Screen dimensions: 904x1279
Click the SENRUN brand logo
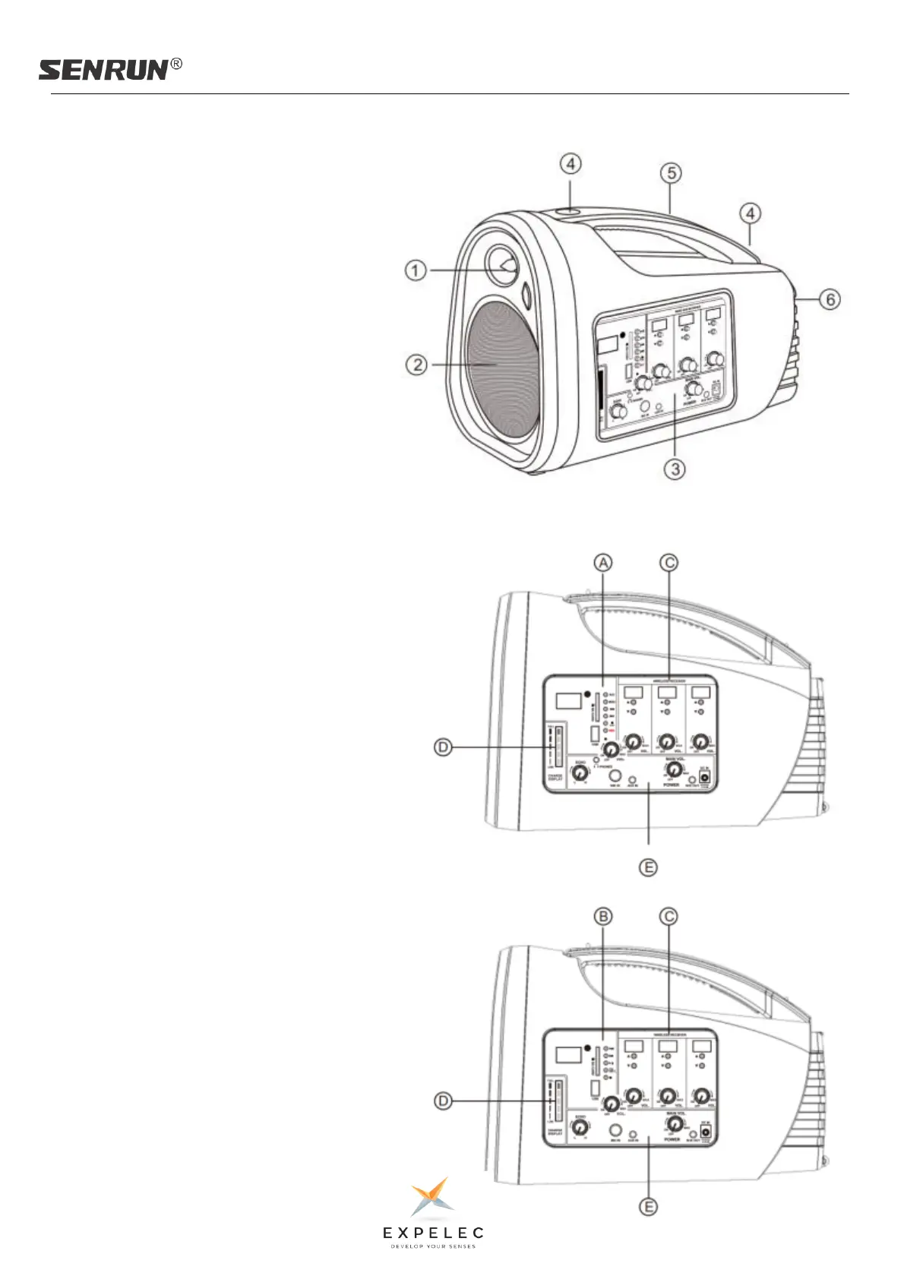click(x=103, y=70)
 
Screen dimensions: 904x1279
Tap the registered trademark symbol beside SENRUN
click(x=176, y=65)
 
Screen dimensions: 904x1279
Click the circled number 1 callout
click(x=416, y=270)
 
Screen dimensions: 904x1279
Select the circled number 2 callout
click(x=416, y=365)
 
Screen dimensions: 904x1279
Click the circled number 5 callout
click(x=671, y=173)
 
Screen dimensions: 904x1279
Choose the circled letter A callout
click(x=602, y=562)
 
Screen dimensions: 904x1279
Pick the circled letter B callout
click(x=602, y=917)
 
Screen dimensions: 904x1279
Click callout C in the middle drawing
click(x=669, y=562)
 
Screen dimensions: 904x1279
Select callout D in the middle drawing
click(x=443, y=747)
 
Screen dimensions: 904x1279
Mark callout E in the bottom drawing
click(x=648, y=1206)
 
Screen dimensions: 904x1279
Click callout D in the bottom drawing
click(x=443, y=1101)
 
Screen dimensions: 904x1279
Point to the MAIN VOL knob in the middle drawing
click(x=672, y=769)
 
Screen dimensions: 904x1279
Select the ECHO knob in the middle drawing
click(x=580, y=773)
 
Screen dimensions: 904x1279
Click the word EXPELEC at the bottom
click(x=433, y=1232)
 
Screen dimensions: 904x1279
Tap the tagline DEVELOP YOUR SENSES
click(x=433, y=1246)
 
